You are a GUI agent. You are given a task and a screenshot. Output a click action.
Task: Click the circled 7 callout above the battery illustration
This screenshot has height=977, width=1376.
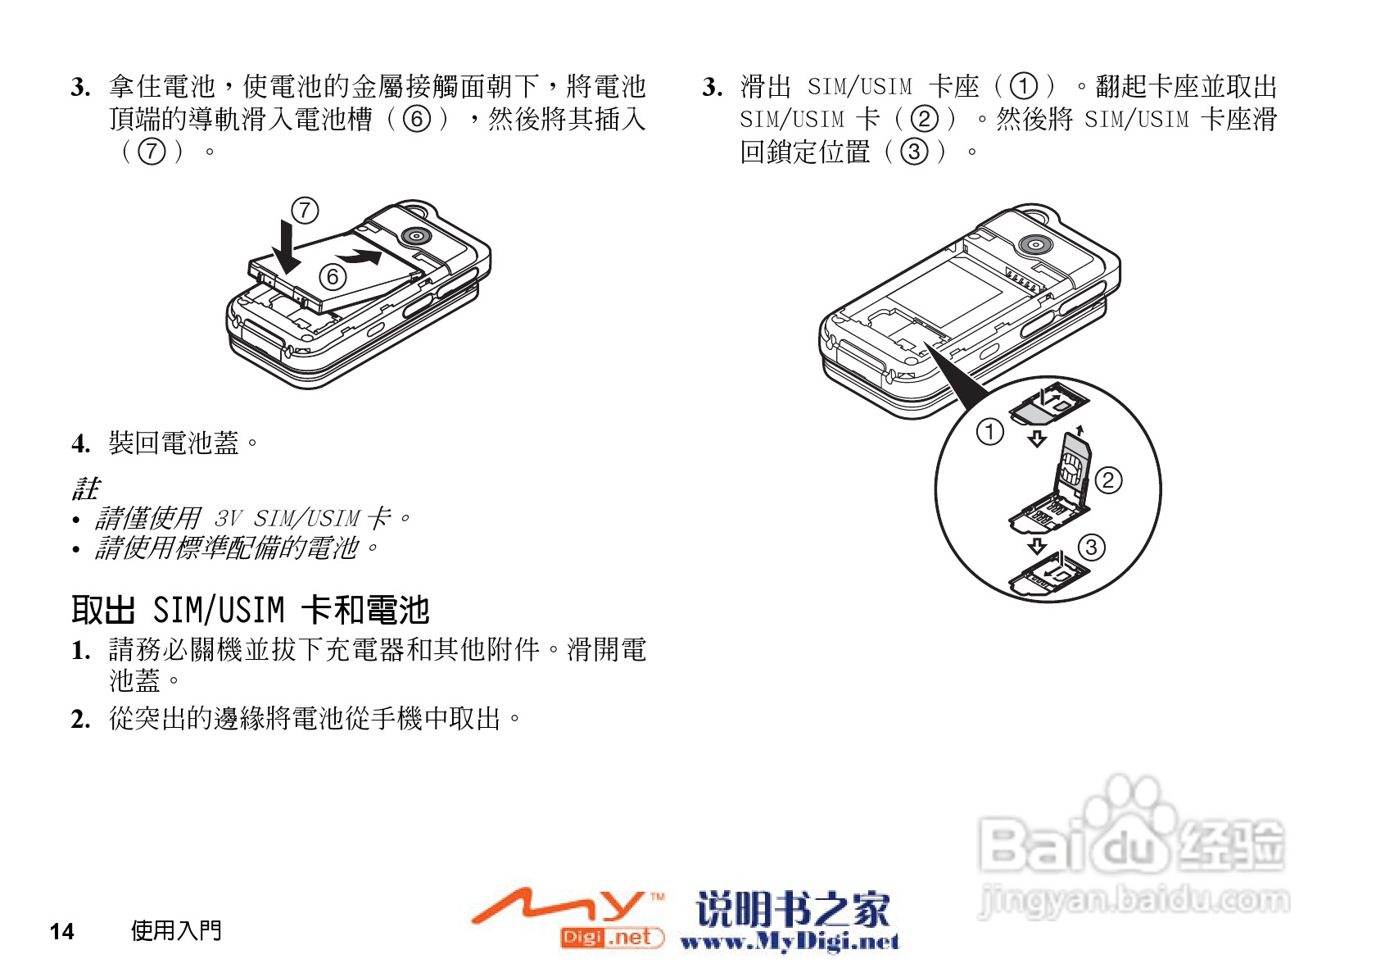[x=305, y=211]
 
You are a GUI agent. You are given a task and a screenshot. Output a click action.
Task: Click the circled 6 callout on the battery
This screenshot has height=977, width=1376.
[x=333, y=277]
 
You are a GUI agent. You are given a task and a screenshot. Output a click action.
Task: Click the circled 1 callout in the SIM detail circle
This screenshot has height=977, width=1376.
[x=989, y=431]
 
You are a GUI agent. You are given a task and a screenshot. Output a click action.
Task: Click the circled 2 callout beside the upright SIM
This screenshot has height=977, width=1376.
[x=1108, y=480]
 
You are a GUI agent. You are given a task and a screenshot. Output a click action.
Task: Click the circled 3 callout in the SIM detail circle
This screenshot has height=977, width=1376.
[x=1091, y=547]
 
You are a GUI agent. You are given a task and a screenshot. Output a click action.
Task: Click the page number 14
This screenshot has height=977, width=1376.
[x=61, y=931]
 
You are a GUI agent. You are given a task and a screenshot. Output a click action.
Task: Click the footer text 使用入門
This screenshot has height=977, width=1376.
[x=176, y=930]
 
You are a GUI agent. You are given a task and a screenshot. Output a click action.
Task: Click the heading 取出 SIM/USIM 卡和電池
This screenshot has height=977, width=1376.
[x=250, y=610]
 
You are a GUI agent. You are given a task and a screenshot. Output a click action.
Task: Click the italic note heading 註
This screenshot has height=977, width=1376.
[x=85, y=489]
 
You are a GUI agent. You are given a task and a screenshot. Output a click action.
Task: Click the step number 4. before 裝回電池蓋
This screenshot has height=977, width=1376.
[x=80, y=444]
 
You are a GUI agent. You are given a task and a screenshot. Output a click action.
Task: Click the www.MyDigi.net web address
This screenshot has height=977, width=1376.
[x=790, y=942]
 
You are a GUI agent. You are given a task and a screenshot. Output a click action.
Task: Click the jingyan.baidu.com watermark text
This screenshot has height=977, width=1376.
[x=1134, y=901]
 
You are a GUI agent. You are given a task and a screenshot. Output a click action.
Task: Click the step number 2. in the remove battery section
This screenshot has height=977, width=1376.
[x=80, y=720]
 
